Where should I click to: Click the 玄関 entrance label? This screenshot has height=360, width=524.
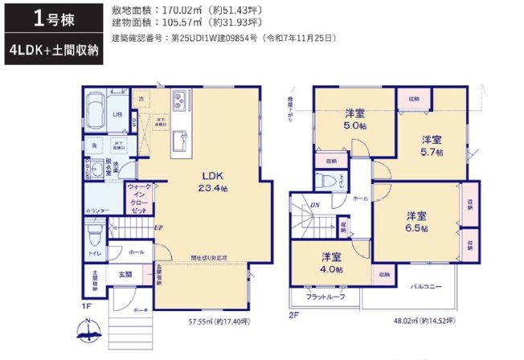click(126, 275)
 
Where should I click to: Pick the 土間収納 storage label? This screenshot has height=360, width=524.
click(94, 280)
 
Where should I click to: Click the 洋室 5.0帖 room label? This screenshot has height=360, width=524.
click(356, 119)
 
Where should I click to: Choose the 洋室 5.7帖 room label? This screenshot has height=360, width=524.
click(432, 144)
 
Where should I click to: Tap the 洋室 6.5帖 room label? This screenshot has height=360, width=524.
click(416, 222)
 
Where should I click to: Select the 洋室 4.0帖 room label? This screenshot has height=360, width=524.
click(332, 263)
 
